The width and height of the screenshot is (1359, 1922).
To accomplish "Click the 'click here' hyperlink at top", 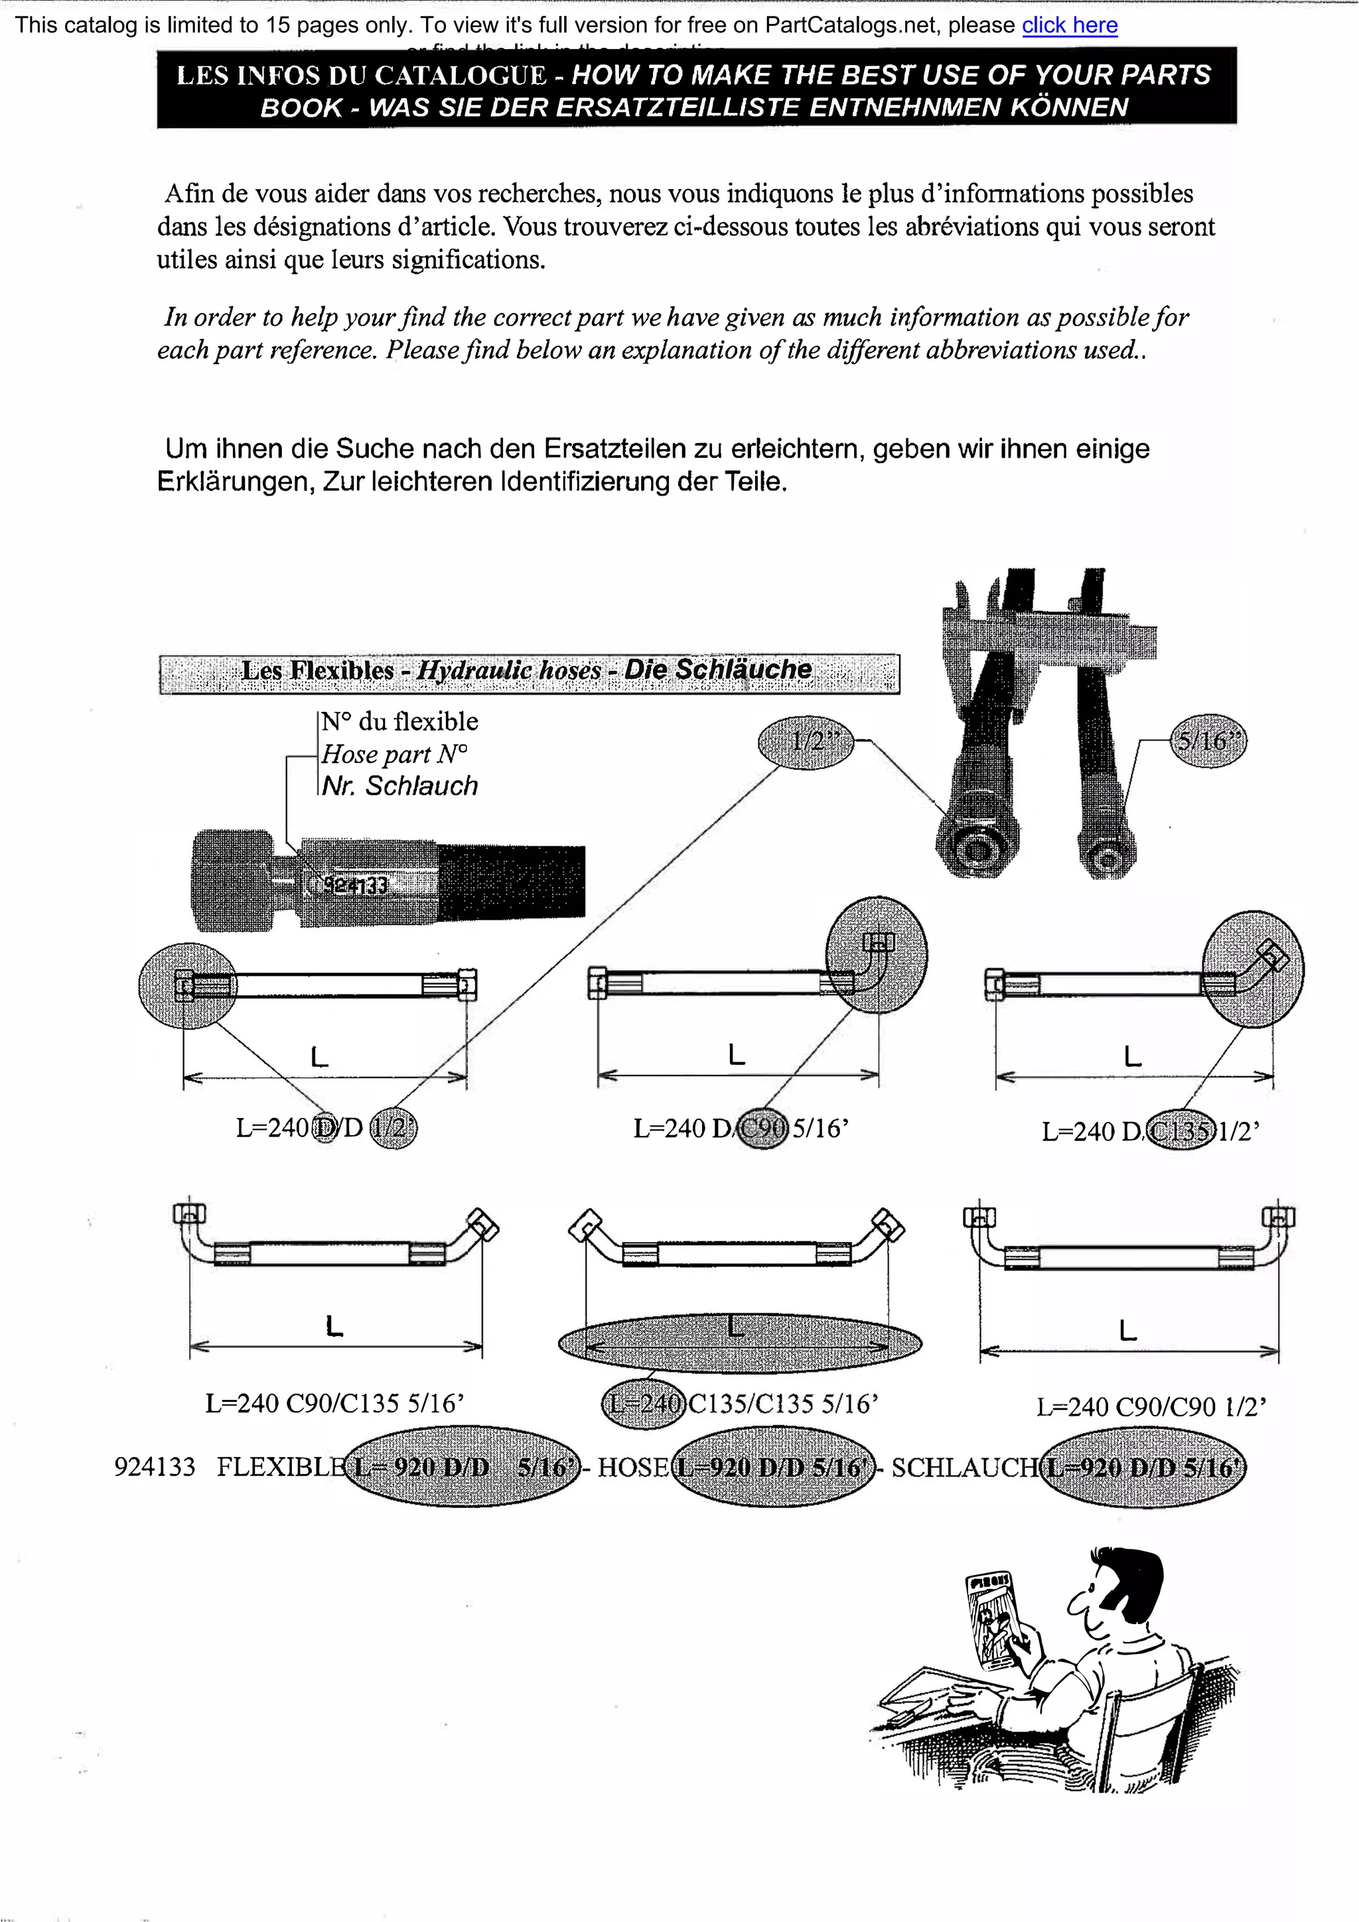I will click(1069, 25).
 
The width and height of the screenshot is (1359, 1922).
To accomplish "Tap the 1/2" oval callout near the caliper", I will click(805, 741).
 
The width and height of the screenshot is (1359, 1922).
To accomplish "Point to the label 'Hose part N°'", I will click(394, 754).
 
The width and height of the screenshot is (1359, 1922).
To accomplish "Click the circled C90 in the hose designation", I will click(762, 1129).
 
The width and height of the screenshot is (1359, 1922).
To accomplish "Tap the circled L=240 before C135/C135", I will click(644, 1403).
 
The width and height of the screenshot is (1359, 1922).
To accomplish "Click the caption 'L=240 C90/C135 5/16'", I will click(335, 1403).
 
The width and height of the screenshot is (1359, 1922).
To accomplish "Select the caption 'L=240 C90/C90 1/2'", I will click(1151, 1407).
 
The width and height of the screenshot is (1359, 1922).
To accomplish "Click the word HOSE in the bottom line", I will click(633, 1468).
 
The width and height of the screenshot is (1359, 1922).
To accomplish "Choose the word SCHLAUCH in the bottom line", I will click(963, 1468).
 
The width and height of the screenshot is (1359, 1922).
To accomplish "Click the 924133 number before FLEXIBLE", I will click(155, 1468).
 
